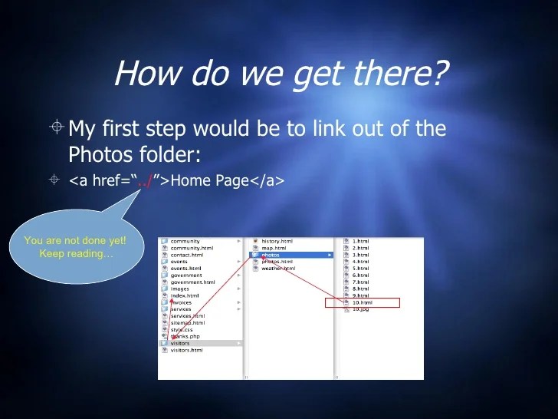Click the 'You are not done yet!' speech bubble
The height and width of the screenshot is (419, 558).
pyautogui.click(x=75, y=247)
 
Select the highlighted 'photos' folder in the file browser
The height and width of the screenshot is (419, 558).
pyautogui.click(x=271, y=255)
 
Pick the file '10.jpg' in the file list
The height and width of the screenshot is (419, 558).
pyautogui.click(x=359, y=309)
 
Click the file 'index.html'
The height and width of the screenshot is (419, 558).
pyautogui.click(x=185, y=295)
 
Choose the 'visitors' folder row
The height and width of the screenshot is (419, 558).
pyautogui.click(x=180, y=343)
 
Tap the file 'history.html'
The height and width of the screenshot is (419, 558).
pyautogui.click(x=277, y=241)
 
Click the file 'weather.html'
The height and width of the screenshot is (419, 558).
pyautogui.click(x=278, y=269)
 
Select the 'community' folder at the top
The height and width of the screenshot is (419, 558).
pyautogui.click(x=185, y=241)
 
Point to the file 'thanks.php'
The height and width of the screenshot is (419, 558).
pyautogui.click(x=185, y=336)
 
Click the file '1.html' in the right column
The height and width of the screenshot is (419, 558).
pyautogui.click(x=360, y=241)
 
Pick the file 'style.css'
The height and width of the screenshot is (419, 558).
pyautogui.click(x=182, y=329)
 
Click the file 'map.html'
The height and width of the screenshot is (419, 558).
pyautogui.click(x=273, y=248)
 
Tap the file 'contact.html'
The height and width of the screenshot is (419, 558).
pyautogui.click(x=187, y=255)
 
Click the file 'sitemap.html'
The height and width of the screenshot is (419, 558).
pyautogui.click(x=187, y=322)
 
